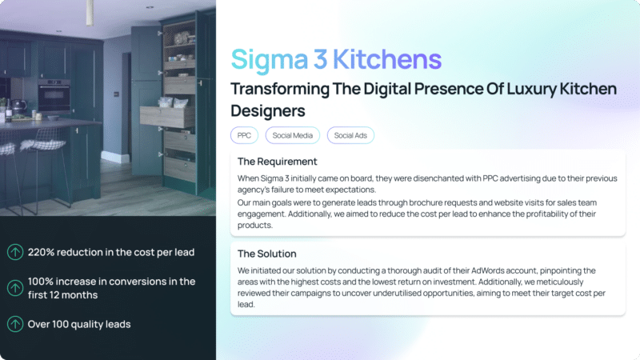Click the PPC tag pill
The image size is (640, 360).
(x=244, y=135)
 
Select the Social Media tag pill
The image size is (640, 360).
(x=292, y=135)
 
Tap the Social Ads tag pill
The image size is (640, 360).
(x=350, y=135)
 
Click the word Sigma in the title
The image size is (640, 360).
(x=270, y=59)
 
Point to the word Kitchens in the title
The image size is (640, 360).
(x=387, y=59)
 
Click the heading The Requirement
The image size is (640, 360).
(x=277, y=162)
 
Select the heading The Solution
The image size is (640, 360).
(x=267, y=254)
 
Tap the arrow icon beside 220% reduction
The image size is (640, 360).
(x=15, y=252)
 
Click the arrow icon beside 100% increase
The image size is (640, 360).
(x=15, y=288)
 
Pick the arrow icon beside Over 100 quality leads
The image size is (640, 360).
(x=15, y=324)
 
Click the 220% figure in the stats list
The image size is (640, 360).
(x=42, y=252)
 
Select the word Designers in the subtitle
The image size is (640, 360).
(x=268, y=111)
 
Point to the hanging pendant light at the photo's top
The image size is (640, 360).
(x=90, y=12)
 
